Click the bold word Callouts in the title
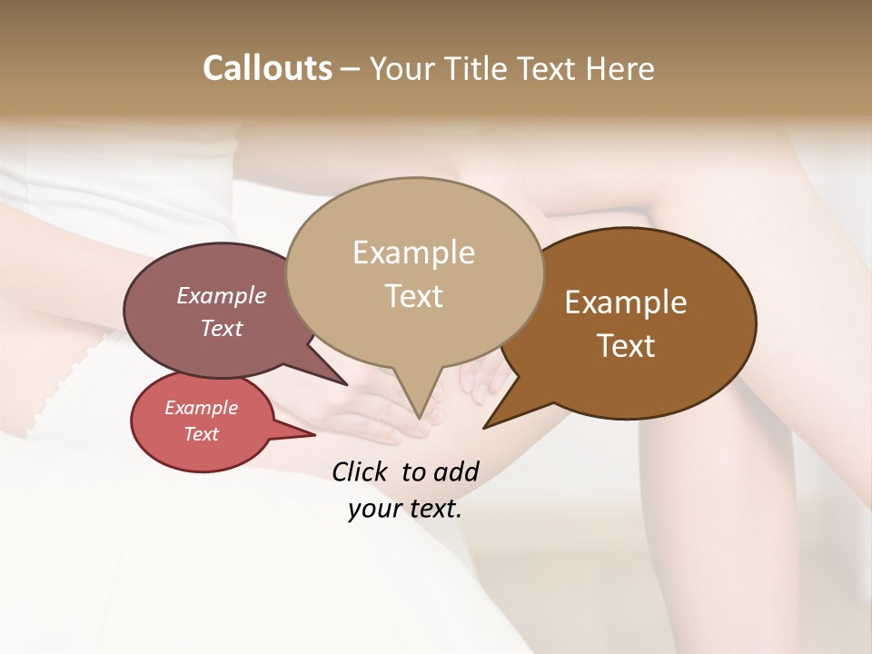[267, 68]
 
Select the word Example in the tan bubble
[413, 253]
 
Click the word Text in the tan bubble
[413, 296]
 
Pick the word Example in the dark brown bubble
[626, 302]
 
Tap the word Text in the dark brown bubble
[626, 346]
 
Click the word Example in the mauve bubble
[221, 295]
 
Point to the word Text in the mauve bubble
[221, 328]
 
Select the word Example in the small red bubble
[201, 408]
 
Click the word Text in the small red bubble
[201, 434]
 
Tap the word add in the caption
[456, 471]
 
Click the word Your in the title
[402, 68]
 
